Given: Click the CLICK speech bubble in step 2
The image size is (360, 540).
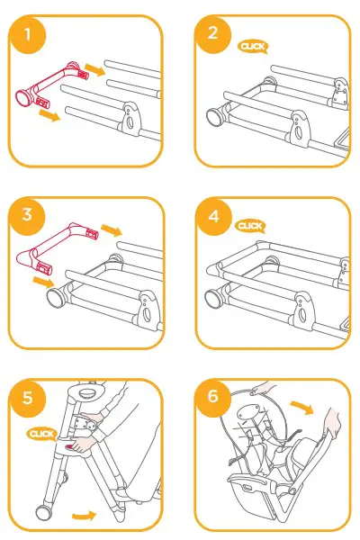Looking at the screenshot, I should [252, 47].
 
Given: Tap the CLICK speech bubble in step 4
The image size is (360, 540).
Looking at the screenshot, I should [249, 226].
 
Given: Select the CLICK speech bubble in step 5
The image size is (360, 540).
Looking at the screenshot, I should [42, 434].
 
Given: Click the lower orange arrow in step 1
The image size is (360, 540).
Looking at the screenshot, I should [50, 117].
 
